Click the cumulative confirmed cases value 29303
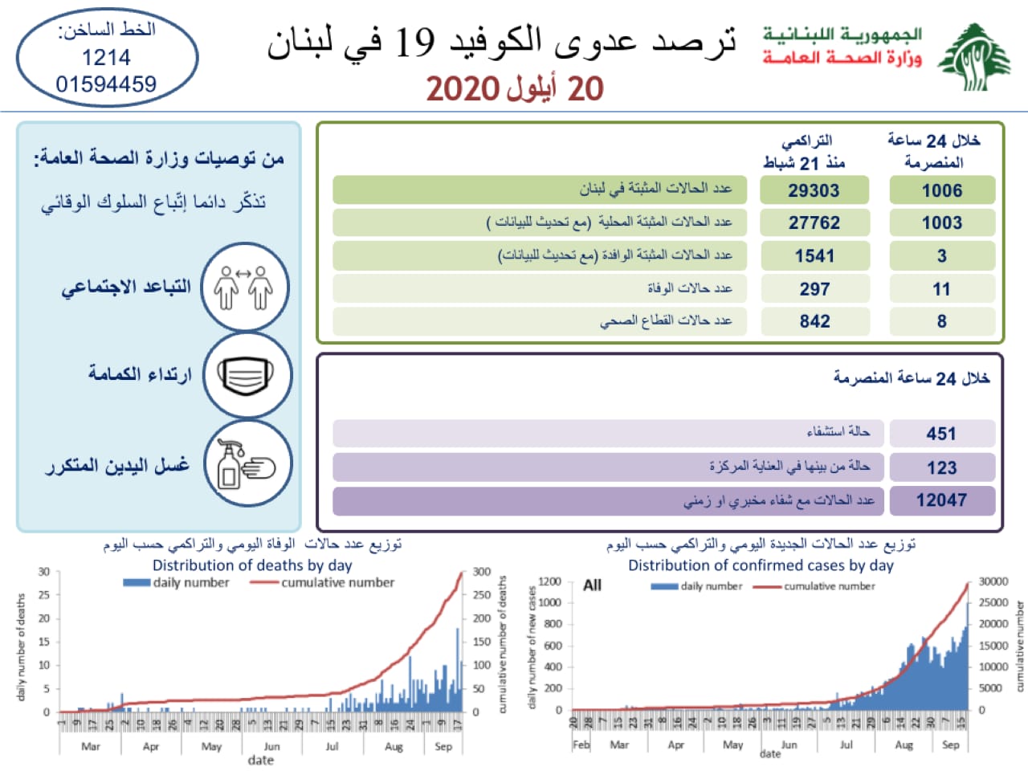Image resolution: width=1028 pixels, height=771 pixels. (x=814, y=190)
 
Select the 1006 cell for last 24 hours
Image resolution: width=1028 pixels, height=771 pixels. (x=941, y=190)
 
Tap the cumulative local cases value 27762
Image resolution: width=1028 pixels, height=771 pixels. (x=814, y=222)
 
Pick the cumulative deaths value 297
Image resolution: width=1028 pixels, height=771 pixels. (x=814, y=289)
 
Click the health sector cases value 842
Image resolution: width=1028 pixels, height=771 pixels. (x=814, y=321)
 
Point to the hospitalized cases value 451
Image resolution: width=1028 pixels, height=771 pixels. (x=941, y=434)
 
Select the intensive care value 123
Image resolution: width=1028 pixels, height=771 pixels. (x=941, y=467)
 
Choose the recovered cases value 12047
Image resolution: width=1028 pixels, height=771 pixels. (x=941, y=500)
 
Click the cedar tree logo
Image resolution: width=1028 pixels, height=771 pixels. (x=974, y=56)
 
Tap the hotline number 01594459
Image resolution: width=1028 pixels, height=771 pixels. (x=106, y=84)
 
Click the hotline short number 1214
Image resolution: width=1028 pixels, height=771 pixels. (x=106, y=57)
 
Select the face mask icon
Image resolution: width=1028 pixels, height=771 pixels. (x=246, y=375)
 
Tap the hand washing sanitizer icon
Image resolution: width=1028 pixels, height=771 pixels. (x=246, y=464)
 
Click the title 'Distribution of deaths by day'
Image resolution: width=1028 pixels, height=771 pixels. (x=252, y=565)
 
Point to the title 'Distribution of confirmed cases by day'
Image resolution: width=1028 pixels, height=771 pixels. (x=761, y=565)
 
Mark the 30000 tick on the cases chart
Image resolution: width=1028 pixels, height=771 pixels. (x=993, y=581)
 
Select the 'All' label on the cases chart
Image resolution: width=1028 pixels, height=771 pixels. (x=592, y=585)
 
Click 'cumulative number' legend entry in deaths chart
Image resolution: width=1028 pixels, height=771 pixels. (x=337, y=582)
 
